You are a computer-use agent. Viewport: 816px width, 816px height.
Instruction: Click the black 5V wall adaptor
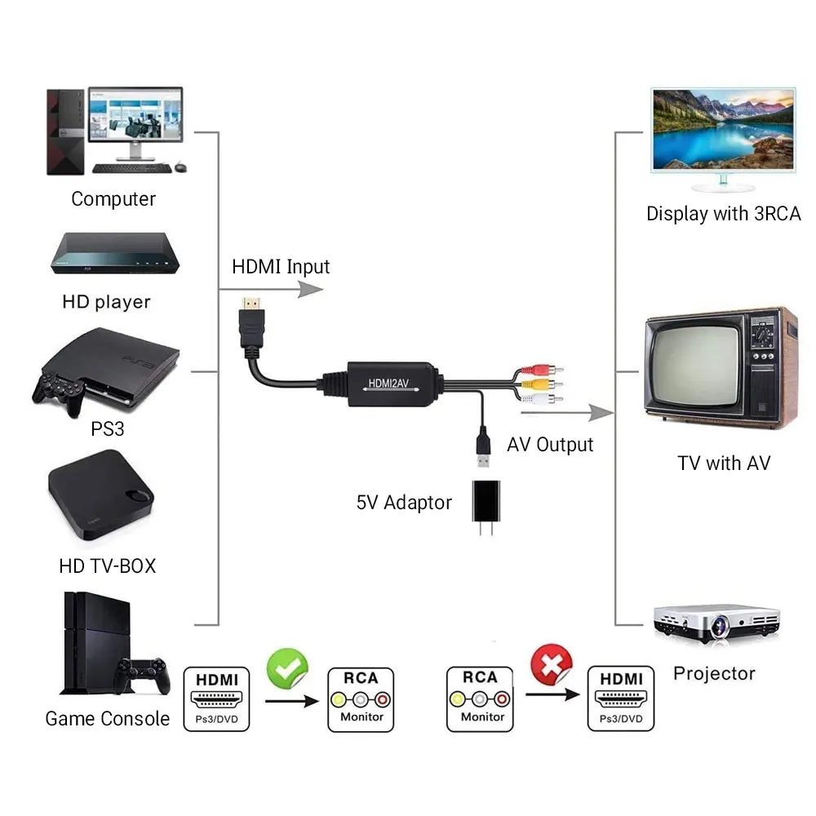coord(487,504)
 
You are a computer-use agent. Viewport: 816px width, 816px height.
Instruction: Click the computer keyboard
coord(131,168)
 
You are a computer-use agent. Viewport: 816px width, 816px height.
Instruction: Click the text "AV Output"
coord(550,445)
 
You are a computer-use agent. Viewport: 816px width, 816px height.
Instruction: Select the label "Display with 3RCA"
coord(723,214)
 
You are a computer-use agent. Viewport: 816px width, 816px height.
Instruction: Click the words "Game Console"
coord(107,719)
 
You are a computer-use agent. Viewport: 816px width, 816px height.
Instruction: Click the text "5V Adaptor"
coord(403,502)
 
